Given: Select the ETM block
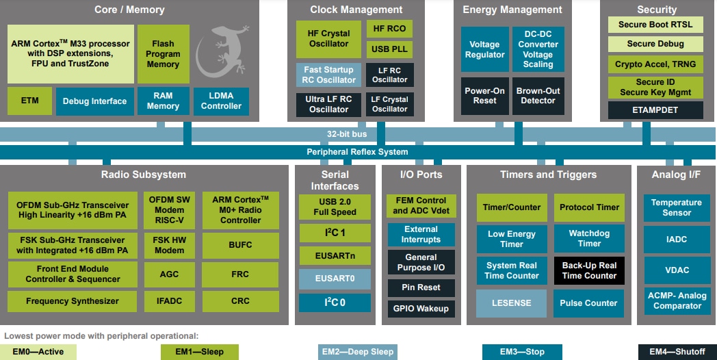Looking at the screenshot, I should point(29,101).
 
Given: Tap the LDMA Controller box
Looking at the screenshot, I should point(221,101).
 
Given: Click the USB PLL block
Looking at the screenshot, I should point(389,49).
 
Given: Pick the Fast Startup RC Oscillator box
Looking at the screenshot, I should point(328,75).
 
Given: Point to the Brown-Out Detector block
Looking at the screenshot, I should point(538,95).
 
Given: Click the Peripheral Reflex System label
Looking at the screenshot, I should point(357,152).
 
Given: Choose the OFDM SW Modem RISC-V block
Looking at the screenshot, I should point(169,210).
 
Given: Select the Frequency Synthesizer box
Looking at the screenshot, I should point(72,301).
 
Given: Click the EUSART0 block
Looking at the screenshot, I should point(335,279).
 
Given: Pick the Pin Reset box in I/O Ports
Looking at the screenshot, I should point(421,287).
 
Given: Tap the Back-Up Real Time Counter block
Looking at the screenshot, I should point(589,270).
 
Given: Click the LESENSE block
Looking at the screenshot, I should point(511,303).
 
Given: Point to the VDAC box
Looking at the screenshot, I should point(676,270).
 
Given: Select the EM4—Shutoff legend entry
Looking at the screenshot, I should point(677,352).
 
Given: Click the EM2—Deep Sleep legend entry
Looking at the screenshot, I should point(358,352).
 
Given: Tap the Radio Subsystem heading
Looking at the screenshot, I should point(144,174).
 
